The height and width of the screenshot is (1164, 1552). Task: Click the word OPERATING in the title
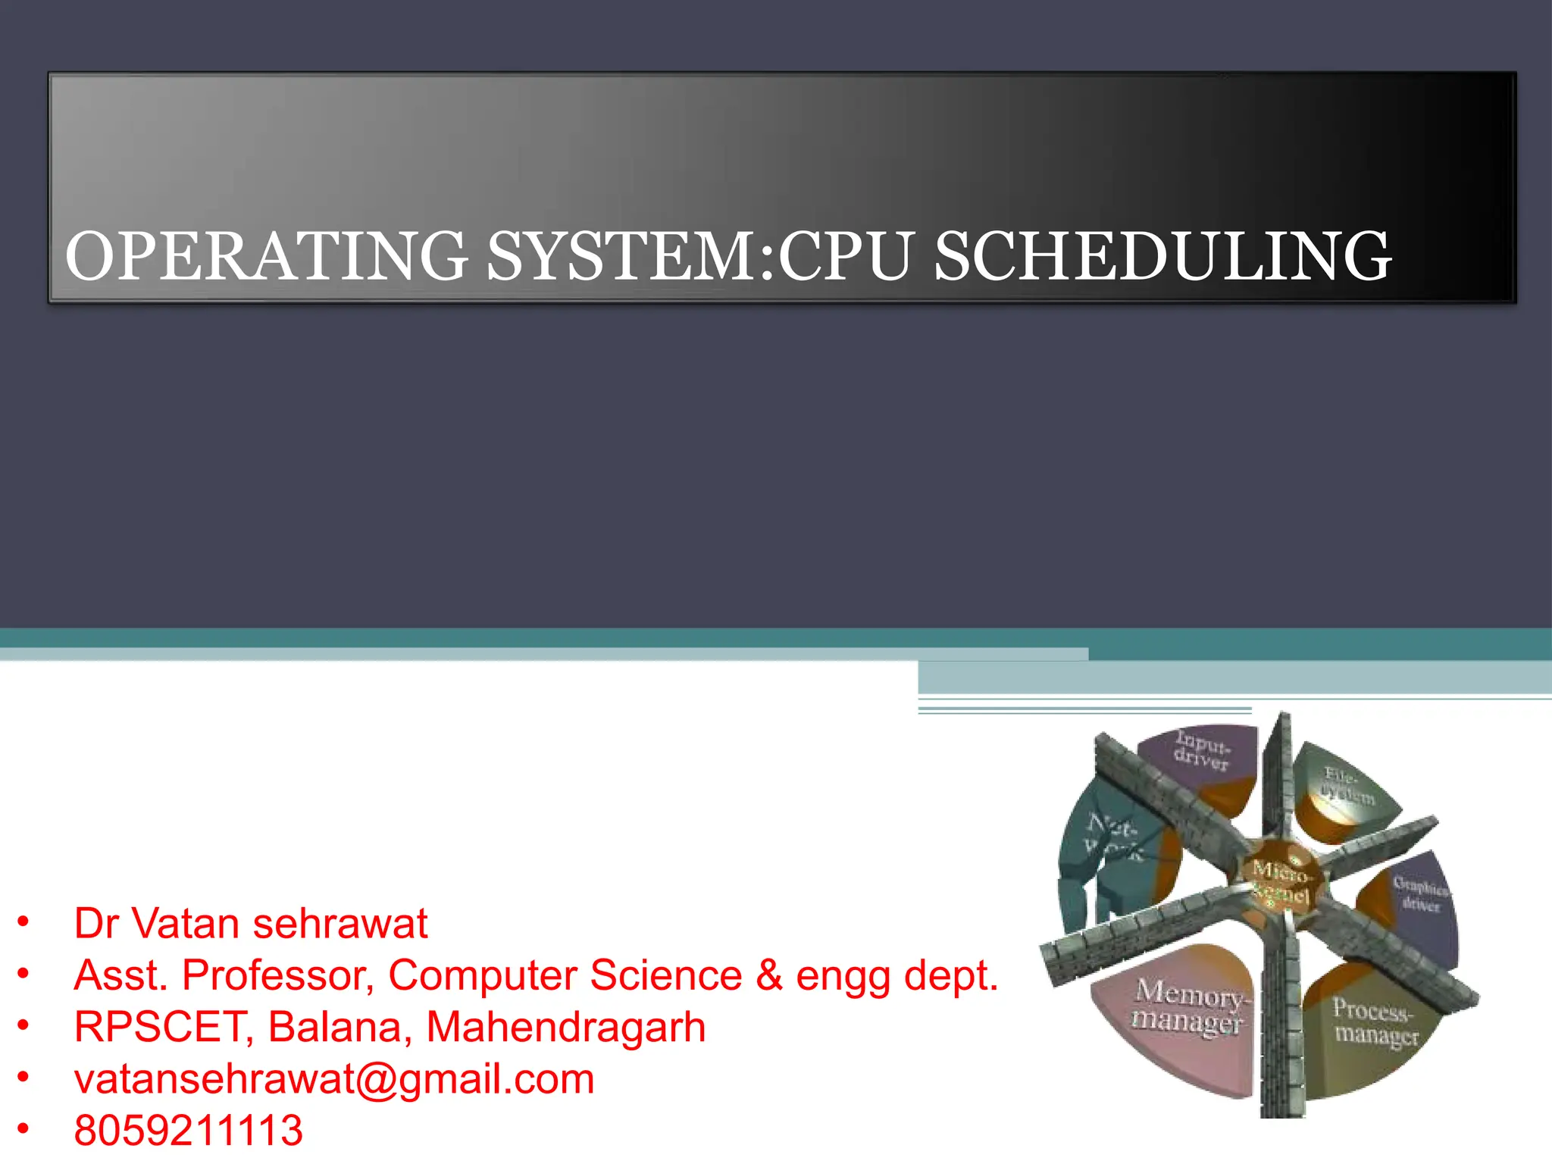(x=266, y=257)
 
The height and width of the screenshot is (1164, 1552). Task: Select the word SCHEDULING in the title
(x=1162, y=257)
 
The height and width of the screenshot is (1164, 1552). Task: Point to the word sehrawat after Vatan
(x=340, y=924)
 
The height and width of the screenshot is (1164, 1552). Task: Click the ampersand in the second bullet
(x=768, y=975)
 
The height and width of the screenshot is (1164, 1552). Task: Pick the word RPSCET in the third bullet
(x=163, y=1028)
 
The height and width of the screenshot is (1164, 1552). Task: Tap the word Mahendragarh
(x=565, y=1028)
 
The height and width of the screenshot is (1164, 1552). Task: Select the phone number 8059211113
(x=188, y=1131)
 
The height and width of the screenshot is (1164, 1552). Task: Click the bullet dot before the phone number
(x=23, y=1128)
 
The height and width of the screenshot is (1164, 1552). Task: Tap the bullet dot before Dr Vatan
(x=23, y=921)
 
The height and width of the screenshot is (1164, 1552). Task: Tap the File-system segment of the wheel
(x=1345, y=788)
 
